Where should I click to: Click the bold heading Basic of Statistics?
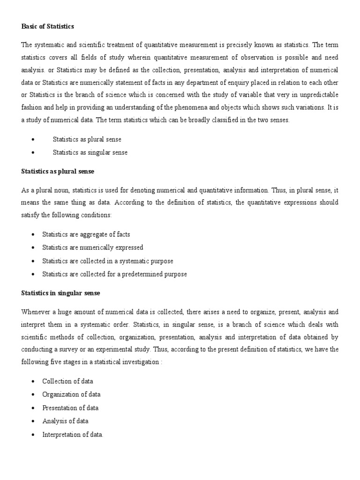tap(48, 27)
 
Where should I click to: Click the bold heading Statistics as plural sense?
tap(58, 172)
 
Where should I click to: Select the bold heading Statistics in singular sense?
tap(60, 293)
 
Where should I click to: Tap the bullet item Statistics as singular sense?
tap(90, 152)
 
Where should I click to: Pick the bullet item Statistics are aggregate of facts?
tap(86, 234)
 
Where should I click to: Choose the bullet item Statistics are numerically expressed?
tap(93, 247)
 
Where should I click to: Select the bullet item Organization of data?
tap(71, 394)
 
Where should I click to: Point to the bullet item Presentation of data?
tap(70, 408)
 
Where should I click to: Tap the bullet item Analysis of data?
tap(65, 421)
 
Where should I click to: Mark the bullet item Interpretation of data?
tap(72, 435)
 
